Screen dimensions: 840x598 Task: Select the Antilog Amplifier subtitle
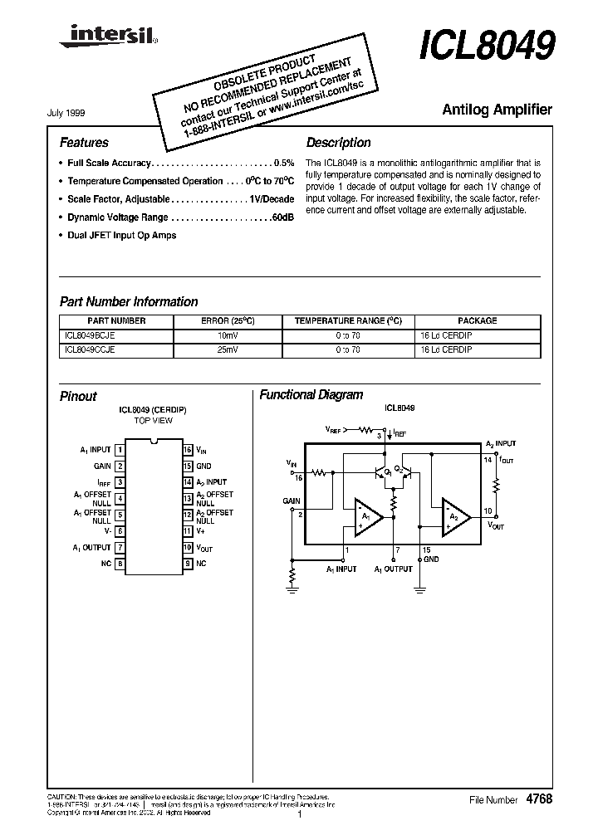[x=497, y=110]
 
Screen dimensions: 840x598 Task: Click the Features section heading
[x=84, y=142]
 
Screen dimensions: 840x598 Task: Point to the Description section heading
[x=338, y=142]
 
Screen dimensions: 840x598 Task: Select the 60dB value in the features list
[x=282, y=217]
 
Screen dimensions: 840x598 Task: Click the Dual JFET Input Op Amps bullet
[x=121, y=235]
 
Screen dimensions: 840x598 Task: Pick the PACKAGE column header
[x=477, y=320]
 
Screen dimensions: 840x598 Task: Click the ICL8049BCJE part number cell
[x=90, y=335]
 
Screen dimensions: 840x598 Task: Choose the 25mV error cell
[x=227, y=350]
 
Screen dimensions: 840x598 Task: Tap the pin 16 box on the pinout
[x=188, y=450]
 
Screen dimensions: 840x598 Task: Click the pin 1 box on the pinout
[x=120, y=450]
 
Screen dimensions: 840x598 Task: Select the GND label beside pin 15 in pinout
[x=203, y=466]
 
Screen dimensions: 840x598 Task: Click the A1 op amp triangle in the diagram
[x=366, y=516]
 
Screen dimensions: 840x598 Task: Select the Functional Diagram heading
[x=311, y=395]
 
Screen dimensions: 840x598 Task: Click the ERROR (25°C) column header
[x=227, y=320]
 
